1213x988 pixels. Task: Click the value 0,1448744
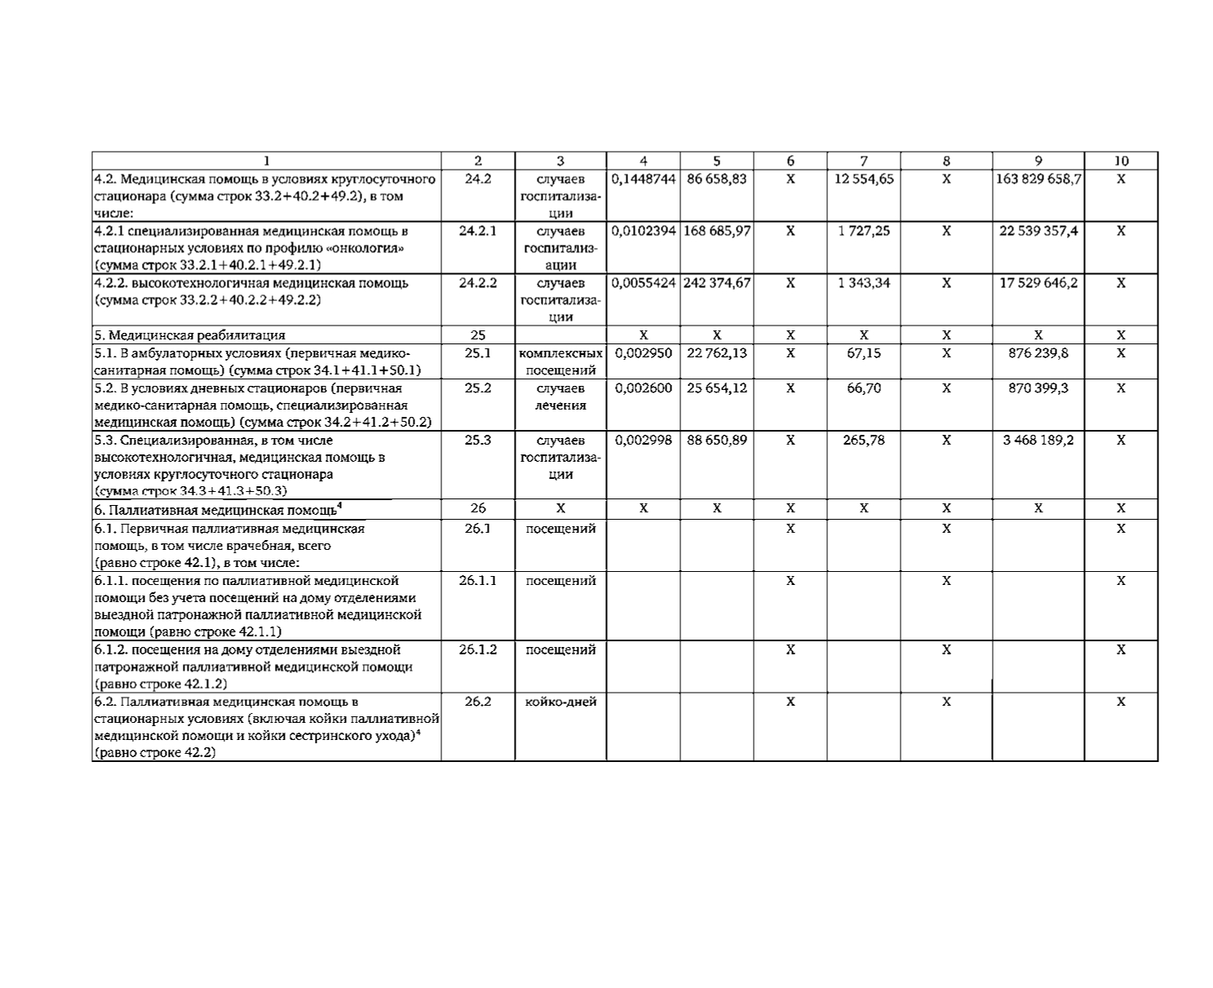[643, 179]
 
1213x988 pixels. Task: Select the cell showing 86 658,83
[716, 179]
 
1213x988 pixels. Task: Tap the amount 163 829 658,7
[1038, 179]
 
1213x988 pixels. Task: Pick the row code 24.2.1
[477, 231]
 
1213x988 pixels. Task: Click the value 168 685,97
[716, 231]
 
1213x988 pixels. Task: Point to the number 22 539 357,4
[1038, 231]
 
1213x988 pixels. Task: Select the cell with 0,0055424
[643, 283]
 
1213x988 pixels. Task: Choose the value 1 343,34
[863, 283]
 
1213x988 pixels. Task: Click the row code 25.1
[477, 353]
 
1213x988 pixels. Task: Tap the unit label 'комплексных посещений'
[560, 361]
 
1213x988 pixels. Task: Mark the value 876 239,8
[1038, 353]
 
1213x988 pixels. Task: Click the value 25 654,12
[716, 388]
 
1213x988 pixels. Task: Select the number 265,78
[863, 440]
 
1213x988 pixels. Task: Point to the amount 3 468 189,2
[1038, 440]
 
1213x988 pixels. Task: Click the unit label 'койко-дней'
[560, 702]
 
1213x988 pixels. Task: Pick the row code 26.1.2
[477, 649]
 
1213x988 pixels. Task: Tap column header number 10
[1121, 162]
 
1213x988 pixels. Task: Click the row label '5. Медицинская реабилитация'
[190, 335]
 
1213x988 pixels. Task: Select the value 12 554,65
[863, 179]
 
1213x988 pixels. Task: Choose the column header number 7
[863, 162]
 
